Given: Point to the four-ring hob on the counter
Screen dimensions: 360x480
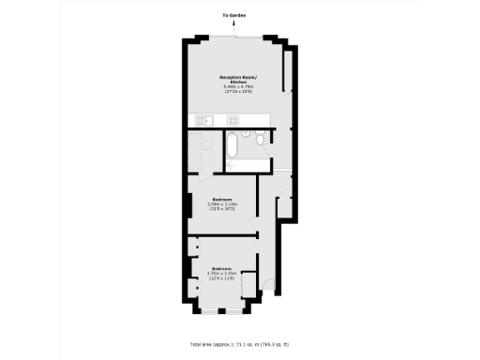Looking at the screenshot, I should coord(232,119).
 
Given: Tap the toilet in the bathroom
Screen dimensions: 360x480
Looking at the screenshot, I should coord(246,138).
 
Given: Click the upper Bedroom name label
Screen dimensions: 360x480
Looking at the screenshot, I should coord(222,199).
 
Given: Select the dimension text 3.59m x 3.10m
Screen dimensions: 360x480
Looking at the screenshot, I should coord(222,204).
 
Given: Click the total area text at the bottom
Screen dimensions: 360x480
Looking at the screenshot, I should coord(240,344).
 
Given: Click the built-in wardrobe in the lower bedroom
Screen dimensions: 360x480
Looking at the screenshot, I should coord(249,286).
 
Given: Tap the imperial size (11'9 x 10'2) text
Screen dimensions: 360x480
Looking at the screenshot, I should coord(222,209).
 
